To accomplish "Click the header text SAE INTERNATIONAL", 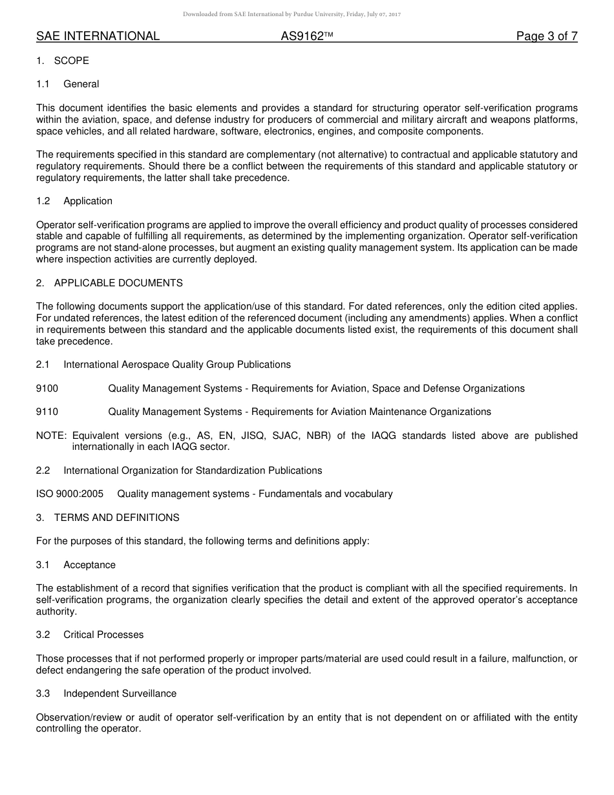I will pos(98,36).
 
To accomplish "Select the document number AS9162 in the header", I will pos(302,36).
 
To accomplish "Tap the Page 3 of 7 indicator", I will pos(546,36).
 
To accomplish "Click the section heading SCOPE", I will pos(71,61).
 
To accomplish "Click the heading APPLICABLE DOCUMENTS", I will pos(118,283).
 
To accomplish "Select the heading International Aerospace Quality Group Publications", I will pos(176,365).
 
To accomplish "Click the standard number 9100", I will pos(47,388).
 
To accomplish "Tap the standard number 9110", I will pos(47,412).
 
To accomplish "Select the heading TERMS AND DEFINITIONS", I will pos(116,518).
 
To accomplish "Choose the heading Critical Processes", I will pos(103,635).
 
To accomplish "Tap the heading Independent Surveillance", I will pos(120,694).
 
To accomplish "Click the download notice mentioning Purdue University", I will pos(291,14).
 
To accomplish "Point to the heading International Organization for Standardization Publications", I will pos(193,471).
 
